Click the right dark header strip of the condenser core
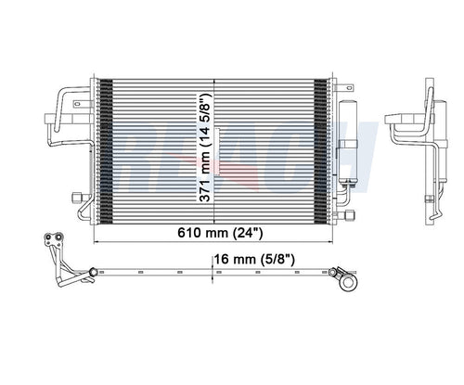click(321, 148)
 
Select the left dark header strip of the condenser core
click(105, 148)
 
